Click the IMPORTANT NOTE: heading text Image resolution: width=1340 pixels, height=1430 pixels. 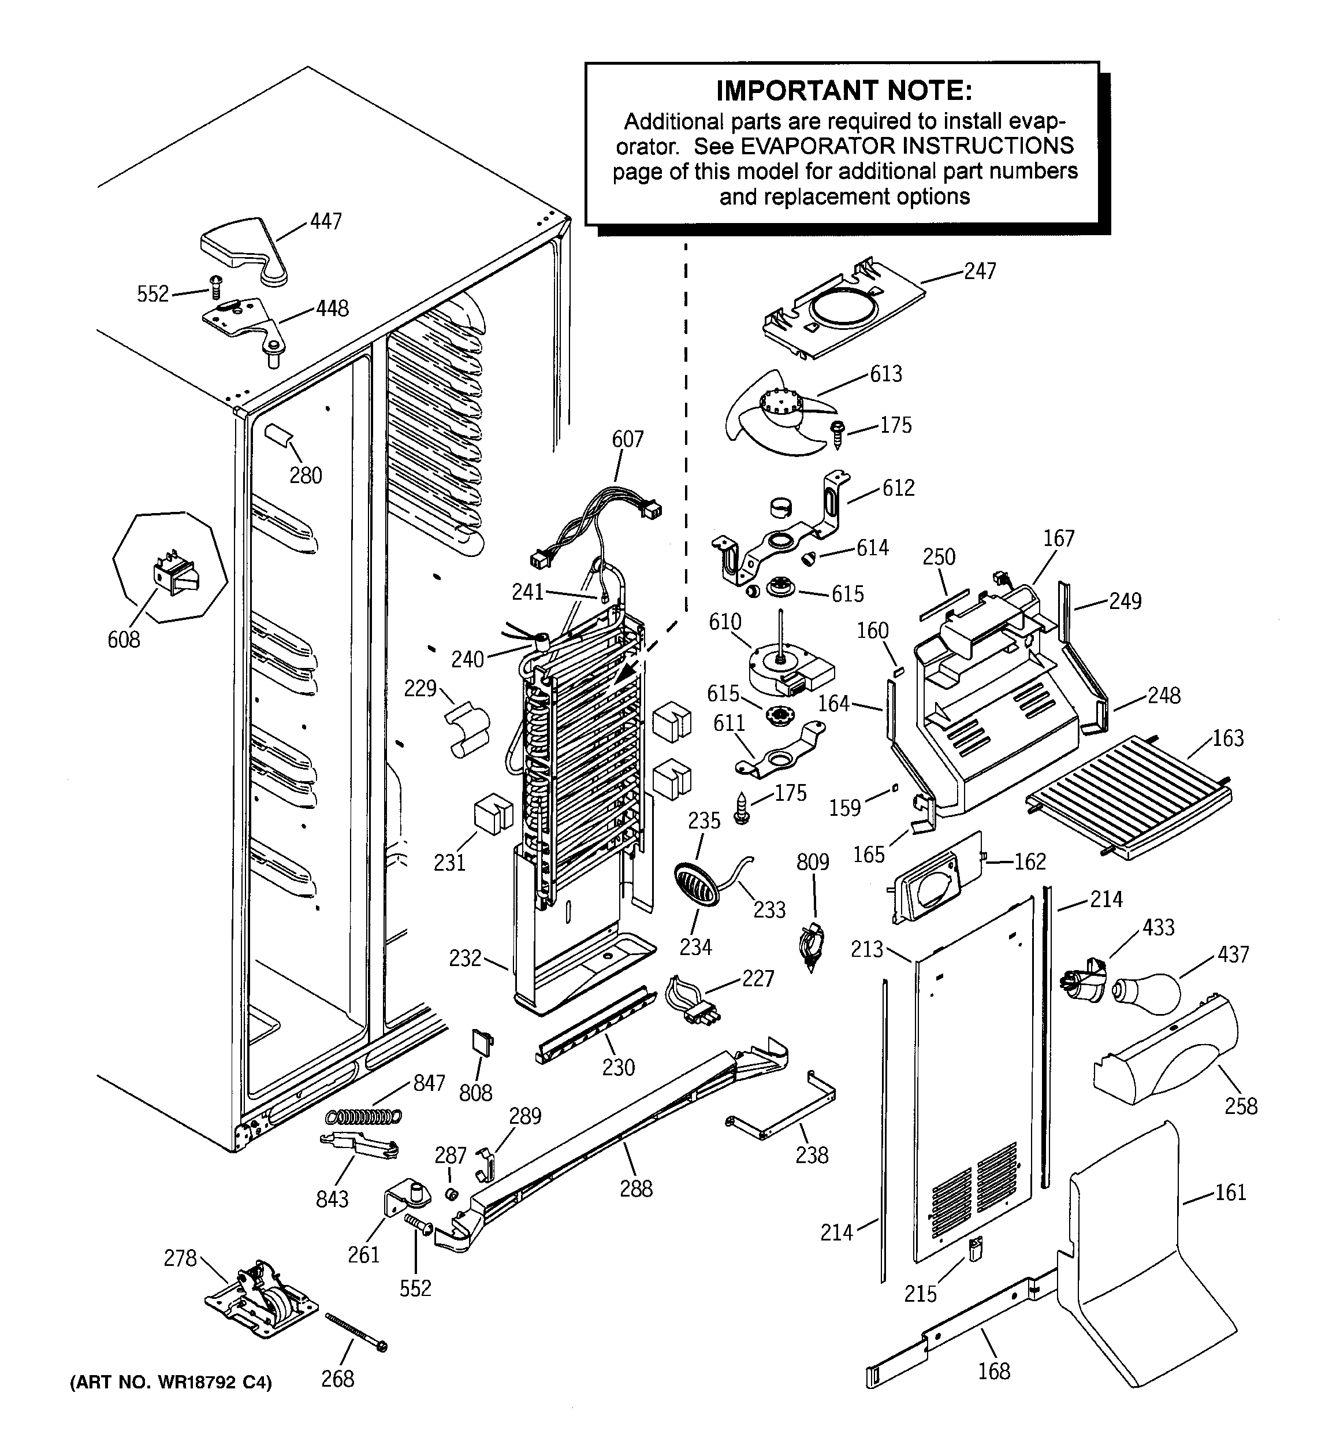click(844, 91)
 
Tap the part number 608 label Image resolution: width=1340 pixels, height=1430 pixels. click(124, 640)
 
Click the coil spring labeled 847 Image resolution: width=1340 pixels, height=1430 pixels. click(363, 1116)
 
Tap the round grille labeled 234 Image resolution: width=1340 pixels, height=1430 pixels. click(696, 885)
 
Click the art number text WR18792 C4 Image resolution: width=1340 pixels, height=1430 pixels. click(170, 1383)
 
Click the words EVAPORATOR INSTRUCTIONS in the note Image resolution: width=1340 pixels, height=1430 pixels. click(907, 146)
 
